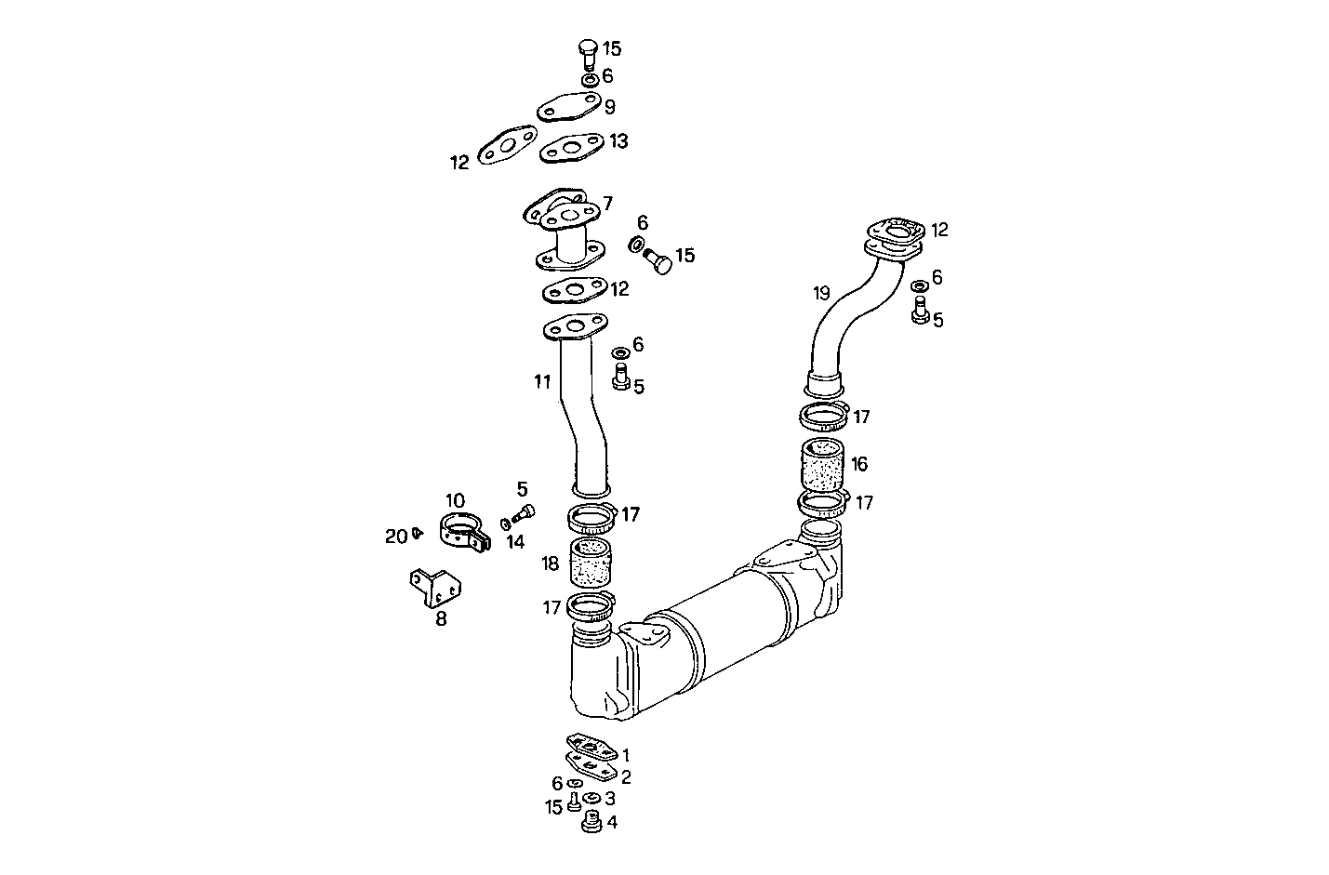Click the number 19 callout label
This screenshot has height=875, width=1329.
821,293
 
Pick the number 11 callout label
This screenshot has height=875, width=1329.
542,380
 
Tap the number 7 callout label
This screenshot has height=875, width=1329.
607,203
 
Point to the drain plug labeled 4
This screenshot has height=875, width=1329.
588,823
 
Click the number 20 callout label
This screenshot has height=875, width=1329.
395,536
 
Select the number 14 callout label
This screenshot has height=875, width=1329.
515,541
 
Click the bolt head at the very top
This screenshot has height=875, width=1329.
587,47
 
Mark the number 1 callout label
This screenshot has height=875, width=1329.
626,755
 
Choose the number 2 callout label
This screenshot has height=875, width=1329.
626,776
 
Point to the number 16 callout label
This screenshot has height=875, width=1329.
858,463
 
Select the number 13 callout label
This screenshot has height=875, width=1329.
618,140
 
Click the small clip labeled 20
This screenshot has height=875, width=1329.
418,533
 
